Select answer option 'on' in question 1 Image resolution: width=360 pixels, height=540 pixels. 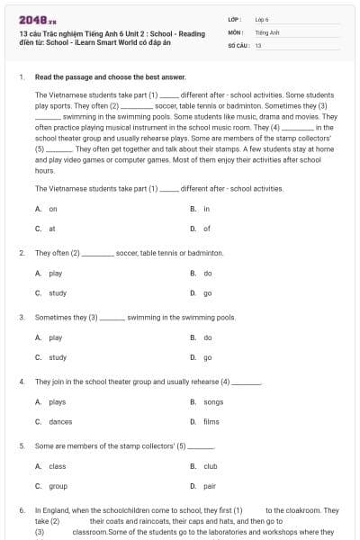(53, 209)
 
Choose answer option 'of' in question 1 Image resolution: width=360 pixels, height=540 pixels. (206, 229)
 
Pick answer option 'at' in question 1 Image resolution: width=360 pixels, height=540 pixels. (52, 229)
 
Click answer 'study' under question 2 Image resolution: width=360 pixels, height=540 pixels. (58, 293)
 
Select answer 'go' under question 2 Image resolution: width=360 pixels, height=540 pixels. (208, 293)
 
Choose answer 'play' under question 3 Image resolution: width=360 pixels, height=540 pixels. (56, 337)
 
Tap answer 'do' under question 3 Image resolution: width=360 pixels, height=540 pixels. (208, 337)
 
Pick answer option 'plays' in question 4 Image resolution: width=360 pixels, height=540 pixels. (57, 402)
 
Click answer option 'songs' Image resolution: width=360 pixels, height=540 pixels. (213, 402)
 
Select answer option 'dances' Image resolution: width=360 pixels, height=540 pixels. (60, 421)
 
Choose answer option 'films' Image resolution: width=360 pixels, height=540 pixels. (211, 421)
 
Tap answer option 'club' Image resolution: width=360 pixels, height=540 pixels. (211, 466)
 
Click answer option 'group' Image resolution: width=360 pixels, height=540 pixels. (58, 486)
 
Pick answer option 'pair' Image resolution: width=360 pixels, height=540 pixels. (209, 486)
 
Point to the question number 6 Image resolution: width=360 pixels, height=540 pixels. (22, 510)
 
